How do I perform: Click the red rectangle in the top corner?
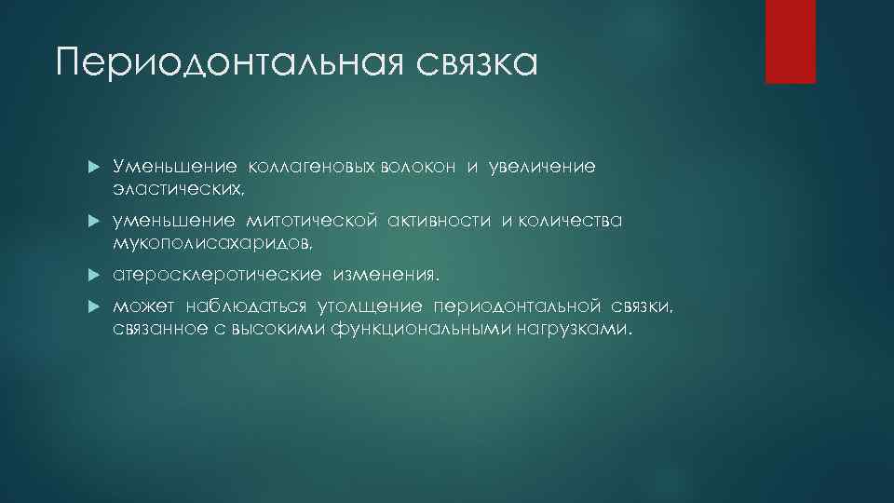[790, 41]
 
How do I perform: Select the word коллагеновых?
[298, 167]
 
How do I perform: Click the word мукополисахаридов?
[213, 243]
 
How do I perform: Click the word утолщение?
[370, 308]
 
